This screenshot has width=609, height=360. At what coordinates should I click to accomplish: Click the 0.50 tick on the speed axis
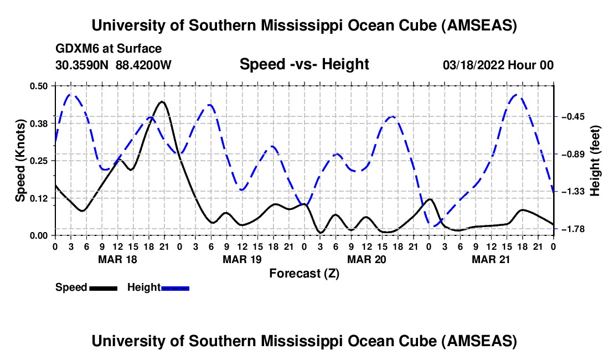pyautogui.click(x=40, y=86)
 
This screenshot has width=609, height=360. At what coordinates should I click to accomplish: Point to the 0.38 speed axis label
pyautogui.click(x=40, y=123)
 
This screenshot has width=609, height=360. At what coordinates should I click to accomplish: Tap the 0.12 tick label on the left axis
pyautogui.click(x=40, y=198)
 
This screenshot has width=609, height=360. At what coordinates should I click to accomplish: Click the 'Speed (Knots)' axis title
pyautogui.click(x=20, y=161)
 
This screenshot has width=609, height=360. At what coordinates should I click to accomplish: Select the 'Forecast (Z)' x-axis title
pyautogui.click(x=304, y=273)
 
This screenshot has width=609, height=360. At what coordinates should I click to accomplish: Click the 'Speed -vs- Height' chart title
pyautogui.click(x=304, y=65)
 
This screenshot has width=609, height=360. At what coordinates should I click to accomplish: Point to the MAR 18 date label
pyautogui.click(x=117, y=259)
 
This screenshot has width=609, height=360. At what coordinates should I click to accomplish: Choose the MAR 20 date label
pyautogui.click(x=367, y=259)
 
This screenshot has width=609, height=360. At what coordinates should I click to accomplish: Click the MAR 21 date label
pyautogui.click(x=491, y=259)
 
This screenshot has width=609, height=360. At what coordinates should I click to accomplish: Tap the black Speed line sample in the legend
pyautogui.click(x=103, y=288)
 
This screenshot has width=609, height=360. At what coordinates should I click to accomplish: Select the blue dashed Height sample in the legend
pyautogui.click(x=175, y=288)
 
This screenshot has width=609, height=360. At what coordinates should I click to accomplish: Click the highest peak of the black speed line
pyautogui.click(x=162, y=102)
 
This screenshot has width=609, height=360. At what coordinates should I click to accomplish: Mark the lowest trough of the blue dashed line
pyautogui.click(x=435, y=226)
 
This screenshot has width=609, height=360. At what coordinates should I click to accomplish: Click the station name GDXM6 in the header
pyautogui.click(x=75, y=49)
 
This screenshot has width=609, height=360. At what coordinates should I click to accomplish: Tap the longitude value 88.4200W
pyautogui.click(x=143, y=65)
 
